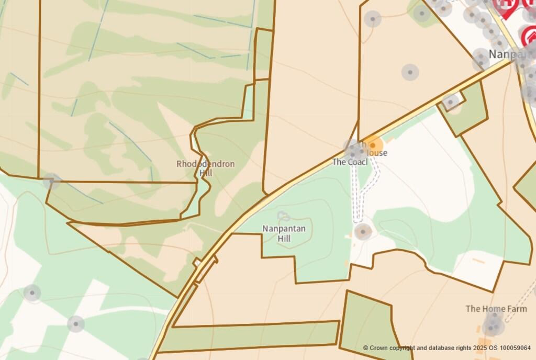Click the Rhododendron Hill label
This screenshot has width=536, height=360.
click(205, 168)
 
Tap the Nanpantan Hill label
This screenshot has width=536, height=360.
click(284, 233)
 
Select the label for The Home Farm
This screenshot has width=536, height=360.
click(496, 309)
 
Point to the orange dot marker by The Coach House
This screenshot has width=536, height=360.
click(373, 145)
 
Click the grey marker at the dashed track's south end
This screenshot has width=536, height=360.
click(362, 231)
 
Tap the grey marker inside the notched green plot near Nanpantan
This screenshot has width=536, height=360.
click(450, 102)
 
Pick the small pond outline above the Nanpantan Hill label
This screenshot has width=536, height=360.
click(283, 215)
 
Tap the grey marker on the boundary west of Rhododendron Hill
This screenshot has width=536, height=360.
click(51, 181)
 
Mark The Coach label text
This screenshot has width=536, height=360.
click(348, 162)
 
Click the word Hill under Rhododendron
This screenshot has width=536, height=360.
click(206, 173)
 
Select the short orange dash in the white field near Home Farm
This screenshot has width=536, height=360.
click(478, 260)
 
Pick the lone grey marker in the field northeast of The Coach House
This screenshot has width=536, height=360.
click(410, 72)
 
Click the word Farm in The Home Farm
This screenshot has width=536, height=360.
click(517, 309)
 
